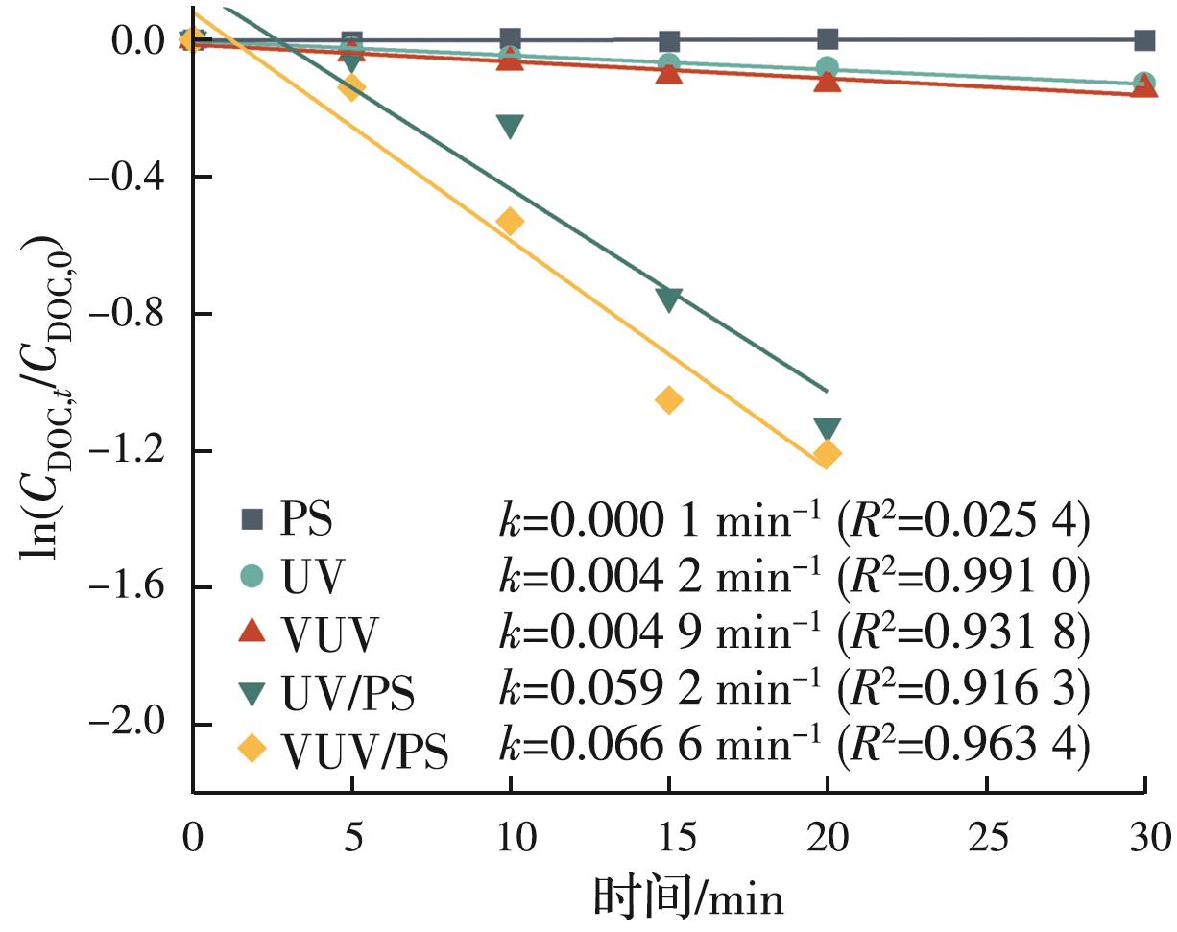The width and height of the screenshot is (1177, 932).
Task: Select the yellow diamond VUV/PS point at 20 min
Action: [x=827, y=453]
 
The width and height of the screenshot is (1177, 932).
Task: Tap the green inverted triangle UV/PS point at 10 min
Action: [x=510, y=126]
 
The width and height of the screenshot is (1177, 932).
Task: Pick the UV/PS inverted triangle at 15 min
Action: [x=669, y=299]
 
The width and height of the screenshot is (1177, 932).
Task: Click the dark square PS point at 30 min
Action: [x=1143, y=40]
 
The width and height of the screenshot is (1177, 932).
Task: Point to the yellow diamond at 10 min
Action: [x=510, y=222]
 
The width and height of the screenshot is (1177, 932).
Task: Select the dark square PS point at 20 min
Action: [x=828, y=39]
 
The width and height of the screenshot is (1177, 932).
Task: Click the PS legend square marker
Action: [x=252, y=521]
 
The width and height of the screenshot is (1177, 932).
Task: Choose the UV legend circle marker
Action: [x=252, y=576]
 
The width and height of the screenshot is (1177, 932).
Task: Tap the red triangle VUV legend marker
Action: [x=252, y=630]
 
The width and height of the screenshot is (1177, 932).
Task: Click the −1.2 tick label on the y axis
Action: [x=137, y=450]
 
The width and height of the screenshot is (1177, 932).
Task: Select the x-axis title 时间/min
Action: [x=687, y=897]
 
